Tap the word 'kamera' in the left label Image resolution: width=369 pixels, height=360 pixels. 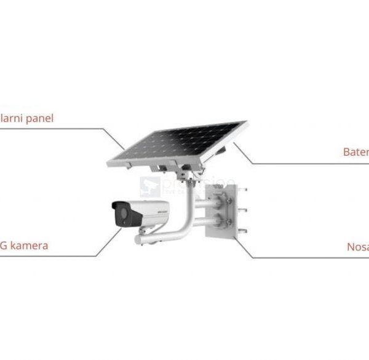pyautogui.click(x=28, y=246)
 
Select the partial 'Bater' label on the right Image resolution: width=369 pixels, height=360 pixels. pyautogui.click(x=355, y=151)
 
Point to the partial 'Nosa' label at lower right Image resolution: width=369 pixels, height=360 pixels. pyautogui.click(x=357, y=246)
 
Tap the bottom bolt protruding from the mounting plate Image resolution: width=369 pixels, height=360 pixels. pyautogui.click(x=242, y=231)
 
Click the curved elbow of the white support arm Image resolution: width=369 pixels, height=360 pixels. pyautogui.click(x=184, y=228)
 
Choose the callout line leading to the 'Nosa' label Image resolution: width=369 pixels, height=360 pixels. pyautogui.click(x=295, y=257)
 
